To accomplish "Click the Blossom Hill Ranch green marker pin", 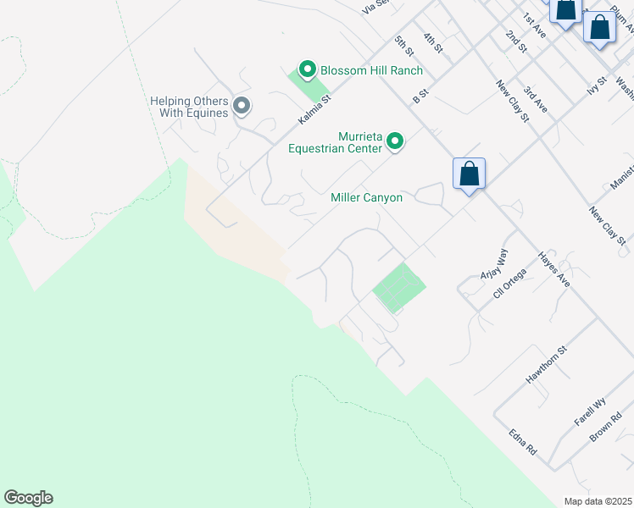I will point(307,69).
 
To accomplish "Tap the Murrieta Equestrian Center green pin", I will point(395,141).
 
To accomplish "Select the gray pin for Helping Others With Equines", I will point(242,106).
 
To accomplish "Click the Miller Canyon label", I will point(366,197).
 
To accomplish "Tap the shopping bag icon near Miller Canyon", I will point(469,174).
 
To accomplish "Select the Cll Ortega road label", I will point(509,284).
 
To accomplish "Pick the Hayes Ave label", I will point(554,269).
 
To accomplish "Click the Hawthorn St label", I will point(545,364).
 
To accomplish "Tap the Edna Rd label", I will point(523,439).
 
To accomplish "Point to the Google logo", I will point(28,498).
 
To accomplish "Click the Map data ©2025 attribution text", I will point(598,501).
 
